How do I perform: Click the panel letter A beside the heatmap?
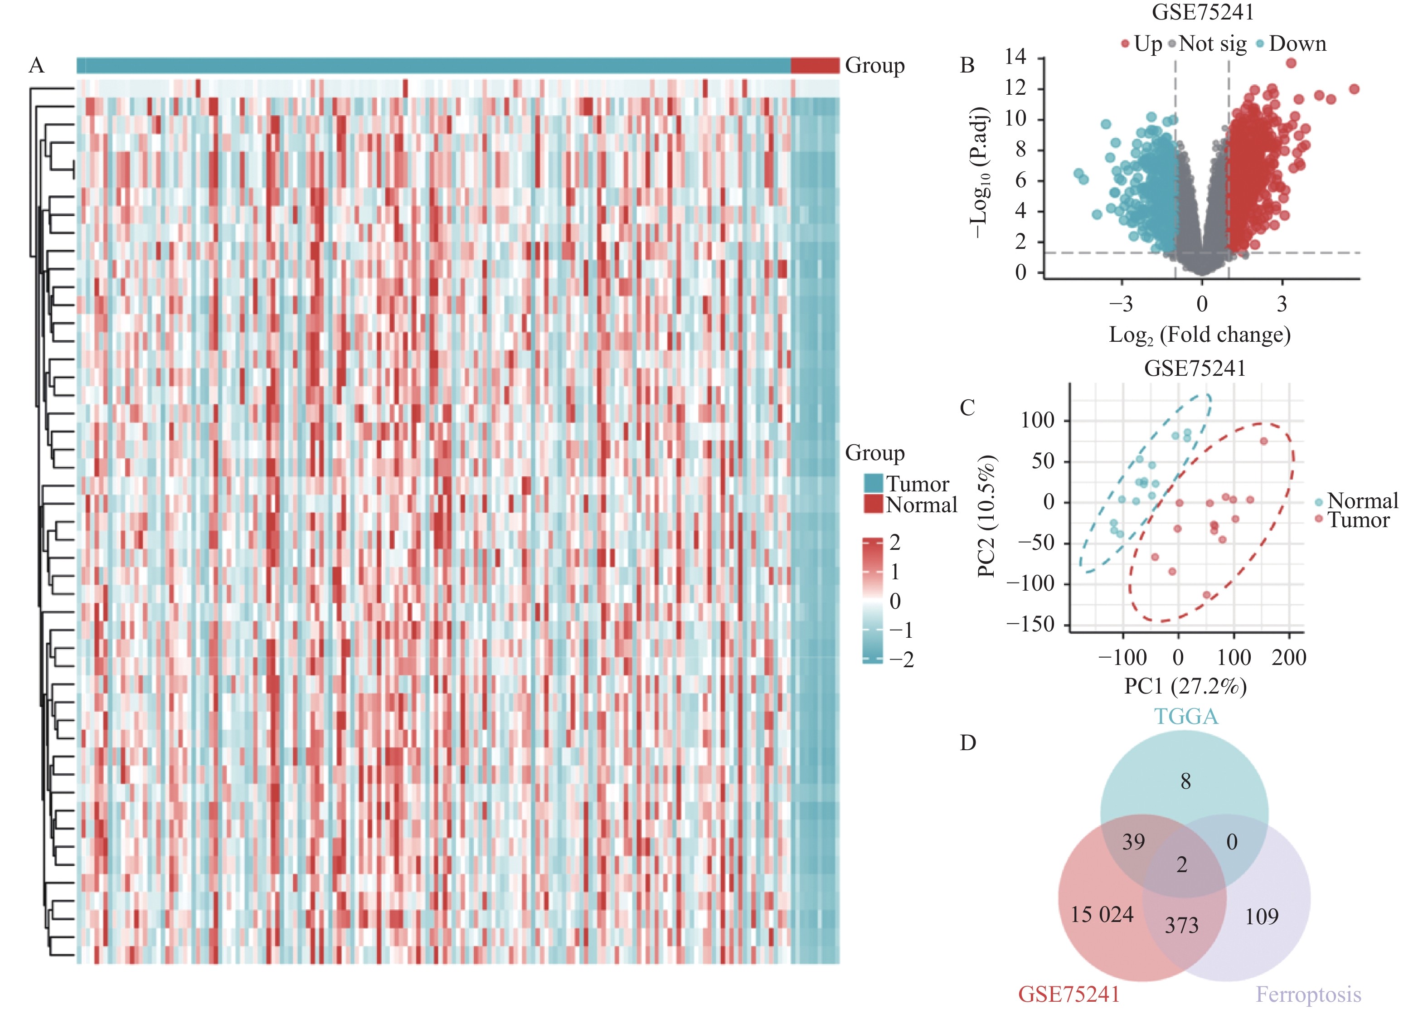click(37, 65)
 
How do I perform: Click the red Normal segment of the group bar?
click(815, 65)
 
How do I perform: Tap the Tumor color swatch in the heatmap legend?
click(873, 483)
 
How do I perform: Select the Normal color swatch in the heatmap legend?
click(873, 504)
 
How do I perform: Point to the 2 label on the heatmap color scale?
click(895, 543)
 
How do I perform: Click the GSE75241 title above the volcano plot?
click(1202, 12)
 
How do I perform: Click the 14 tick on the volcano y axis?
click(1015, 57)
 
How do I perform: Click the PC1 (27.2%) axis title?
click(1185, 686)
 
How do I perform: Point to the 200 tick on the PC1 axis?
click(1289, 657)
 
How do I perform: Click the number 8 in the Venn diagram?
click(1185, 781)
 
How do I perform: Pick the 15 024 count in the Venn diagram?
click(1102, 915)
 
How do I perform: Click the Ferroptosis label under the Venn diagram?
click(1308, 994)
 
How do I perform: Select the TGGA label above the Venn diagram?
click(1186, 717)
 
